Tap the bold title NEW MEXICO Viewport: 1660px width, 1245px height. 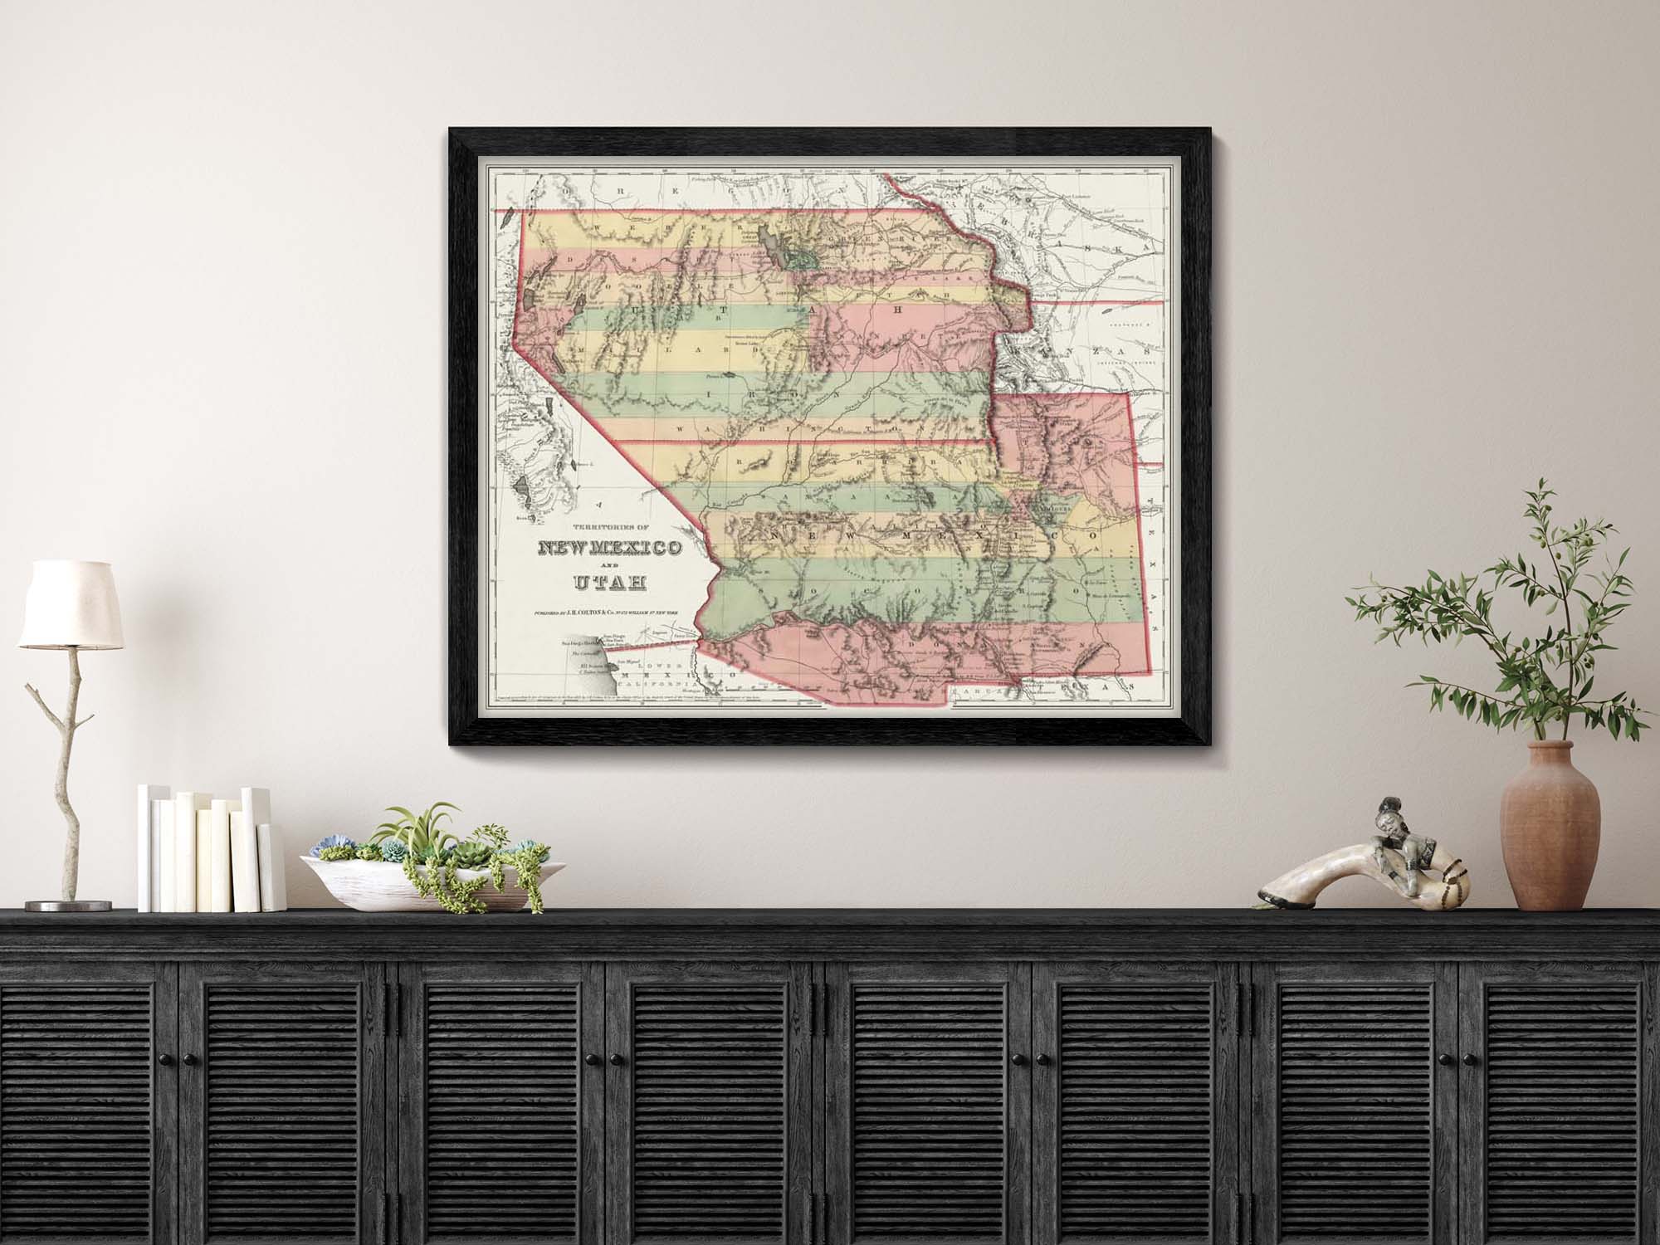610,549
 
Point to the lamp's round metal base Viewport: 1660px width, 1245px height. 68,905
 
